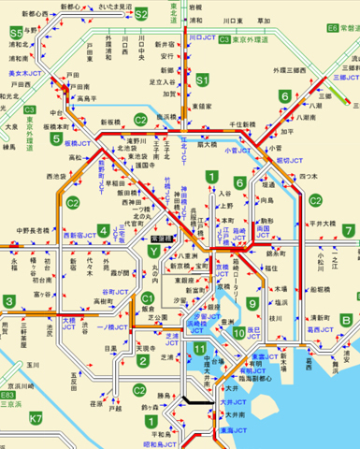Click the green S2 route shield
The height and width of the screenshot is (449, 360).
pos(141,15)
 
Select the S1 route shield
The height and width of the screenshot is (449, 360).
pos(201,82)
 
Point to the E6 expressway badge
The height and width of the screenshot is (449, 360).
pos(334,30)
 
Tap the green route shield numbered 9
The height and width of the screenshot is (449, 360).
pos(252,303)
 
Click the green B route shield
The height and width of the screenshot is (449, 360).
pos(347,319)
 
